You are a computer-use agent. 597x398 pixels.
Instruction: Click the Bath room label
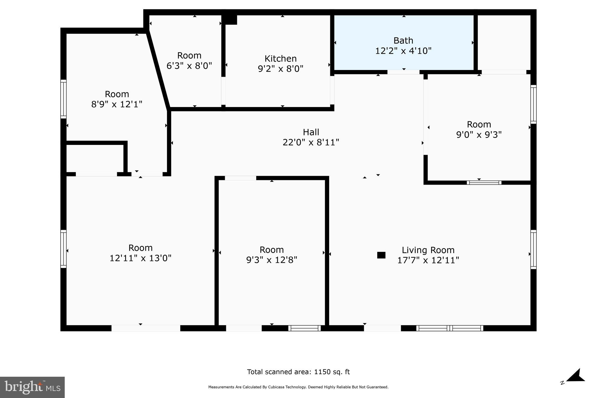pos(403,41)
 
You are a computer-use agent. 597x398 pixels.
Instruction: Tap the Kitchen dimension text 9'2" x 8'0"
pos(280,69)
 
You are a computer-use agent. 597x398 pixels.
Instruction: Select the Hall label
pos(311,132)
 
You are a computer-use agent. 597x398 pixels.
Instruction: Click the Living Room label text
pos(428,250)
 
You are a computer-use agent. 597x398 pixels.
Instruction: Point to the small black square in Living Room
pos(381,255)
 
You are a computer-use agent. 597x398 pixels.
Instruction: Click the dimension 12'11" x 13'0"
pos(140,258)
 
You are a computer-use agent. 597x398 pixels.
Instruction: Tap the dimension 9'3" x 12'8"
pos(271,260)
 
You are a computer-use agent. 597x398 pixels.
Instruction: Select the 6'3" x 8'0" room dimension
pos(189,66)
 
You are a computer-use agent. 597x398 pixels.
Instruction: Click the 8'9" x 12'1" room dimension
pos(117,104)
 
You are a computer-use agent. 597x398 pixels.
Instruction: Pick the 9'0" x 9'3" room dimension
pos(479,135)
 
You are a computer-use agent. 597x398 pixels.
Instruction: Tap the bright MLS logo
pos(32,387)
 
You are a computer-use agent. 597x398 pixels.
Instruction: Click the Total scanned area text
pos(298,372)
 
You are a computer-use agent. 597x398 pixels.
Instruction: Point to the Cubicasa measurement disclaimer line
pos(298,387)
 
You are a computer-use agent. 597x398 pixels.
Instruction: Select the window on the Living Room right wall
pos(533,249)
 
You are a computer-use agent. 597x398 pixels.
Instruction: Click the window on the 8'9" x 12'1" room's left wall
pos(63,99)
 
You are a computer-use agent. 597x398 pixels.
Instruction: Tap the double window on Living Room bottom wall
pos(449,328)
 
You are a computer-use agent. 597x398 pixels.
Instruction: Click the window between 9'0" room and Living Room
pos(484,183)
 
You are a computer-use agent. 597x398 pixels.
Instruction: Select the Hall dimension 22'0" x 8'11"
pos(311,143)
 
